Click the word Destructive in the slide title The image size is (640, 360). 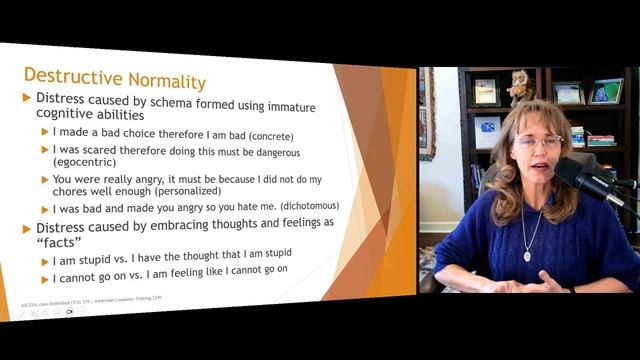click(x=68, y=78)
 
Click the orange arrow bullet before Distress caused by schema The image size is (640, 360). click(x=27, y=98)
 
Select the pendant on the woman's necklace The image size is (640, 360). click(x=527, y=255)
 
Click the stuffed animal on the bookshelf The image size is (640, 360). click(x=520, y=86)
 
